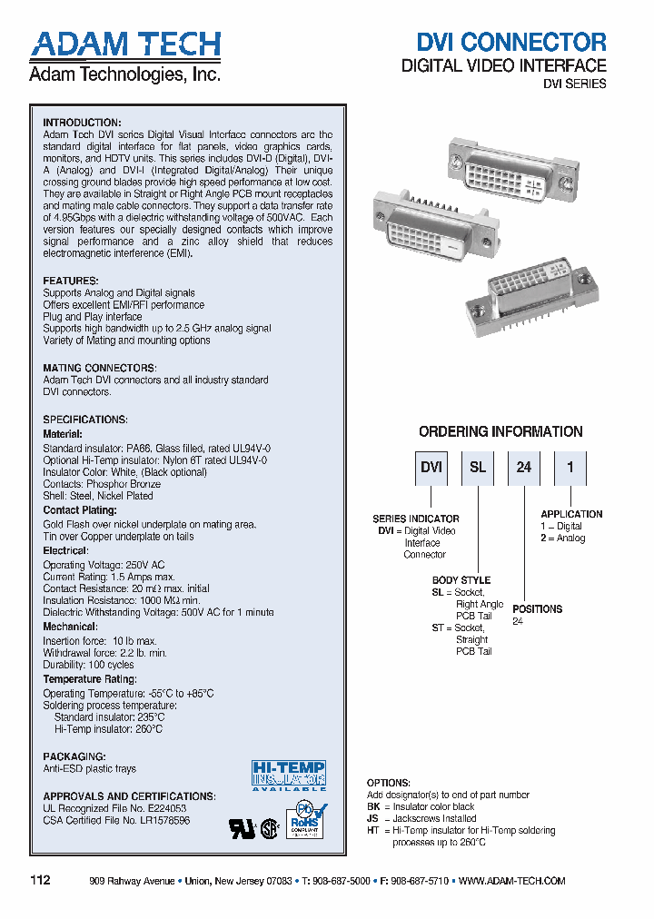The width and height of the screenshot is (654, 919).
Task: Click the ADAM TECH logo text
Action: coord(124,44)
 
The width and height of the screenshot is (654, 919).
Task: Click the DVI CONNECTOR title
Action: coord(510,42)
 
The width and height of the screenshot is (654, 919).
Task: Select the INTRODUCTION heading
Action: coord(82,123)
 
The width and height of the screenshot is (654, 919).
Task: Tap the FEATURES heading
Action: coord(71,282)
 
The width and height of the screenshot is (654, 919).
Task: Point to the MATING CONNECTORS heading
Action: coord(100,368)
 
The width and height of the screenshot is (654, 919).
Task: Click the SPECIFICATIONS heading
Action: coord(85,420)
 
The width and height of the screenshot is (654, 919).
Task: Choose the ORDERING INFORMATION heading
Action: coord(500,432)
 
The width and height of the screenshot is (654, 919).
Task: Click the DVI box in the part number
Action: coord(431,468)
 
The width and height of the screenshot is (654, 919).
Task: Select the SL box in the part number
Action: coord(478,468)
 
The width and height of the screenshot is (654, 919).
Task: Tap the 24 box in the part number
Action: coord(524,468)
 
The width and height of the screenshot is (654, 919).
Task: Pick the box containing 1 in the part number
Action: coord(570,468)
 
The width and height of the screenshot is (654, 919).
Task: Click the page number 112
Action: coord(41,881)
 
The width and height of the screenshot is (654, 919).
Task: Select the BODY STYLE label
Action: coord(461,579)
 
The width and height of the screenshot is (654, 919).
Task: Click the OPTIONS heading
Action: coord(388,783)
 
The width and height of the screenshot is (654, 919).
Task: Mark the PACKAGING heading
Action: coord(74,756)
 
